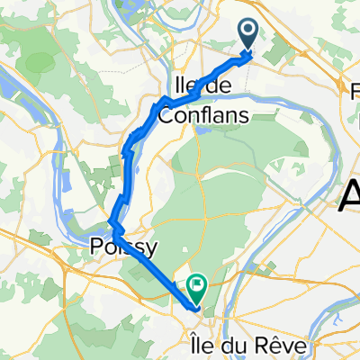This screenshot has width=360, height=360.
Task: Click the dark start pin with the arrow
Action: pos(250,35)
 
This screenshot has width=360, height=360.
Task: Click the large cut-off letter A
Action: pos(350,193)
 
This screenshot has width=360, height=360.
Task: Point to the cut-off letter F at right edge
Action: pos(355,90)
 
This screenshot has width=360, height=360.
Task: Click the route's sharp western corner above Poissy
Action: pos(111,222)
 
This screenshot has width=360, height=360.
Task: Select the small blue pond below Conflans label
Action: pos(199,130)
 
